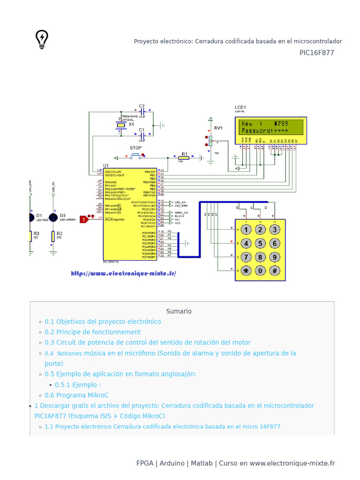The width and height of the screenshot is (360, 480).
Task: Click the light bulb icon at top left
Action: [42, 39]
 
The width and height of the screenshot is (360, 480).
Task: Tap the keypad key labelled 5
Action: [261, 243]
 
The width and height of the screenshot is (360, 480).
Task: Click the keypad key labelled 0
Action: [261, 270]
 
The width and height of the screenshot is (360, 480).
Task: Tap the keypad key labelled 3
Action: [275, 230]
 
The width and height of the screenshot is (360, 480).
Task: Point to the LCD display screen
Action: [271, 127]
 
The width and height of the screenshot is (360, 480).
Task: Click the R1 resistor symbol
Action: [183, 158]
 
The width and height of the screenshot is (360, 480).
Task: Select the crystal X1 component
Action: [121, 125]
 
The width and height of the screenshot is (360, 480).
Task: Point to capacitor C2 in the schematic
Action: [142, 112]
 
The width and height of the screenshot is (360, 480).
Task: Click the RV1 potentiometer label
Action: [218, 128]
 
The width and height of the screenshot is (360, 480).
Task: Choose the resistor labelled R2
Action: [53, 237]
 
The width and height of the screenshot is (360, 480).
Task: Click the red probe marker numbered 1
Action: [84, 219]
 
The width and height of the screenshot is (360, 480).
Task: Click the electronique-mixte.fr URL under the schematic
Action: [124, 273]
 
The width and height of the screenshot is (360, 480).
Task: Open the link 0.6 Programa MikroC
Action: [76, 395]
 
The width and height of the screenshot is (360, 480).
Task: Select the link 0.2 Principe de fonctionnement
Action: [92, 332]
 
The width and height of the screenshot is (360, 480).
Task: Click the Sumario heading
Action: [179, 311]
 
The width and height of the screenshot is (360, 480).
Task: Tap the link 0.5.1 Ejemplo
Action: [78, 385]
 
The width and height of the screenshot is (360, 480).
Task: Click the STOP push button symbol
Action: [136, 155]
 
